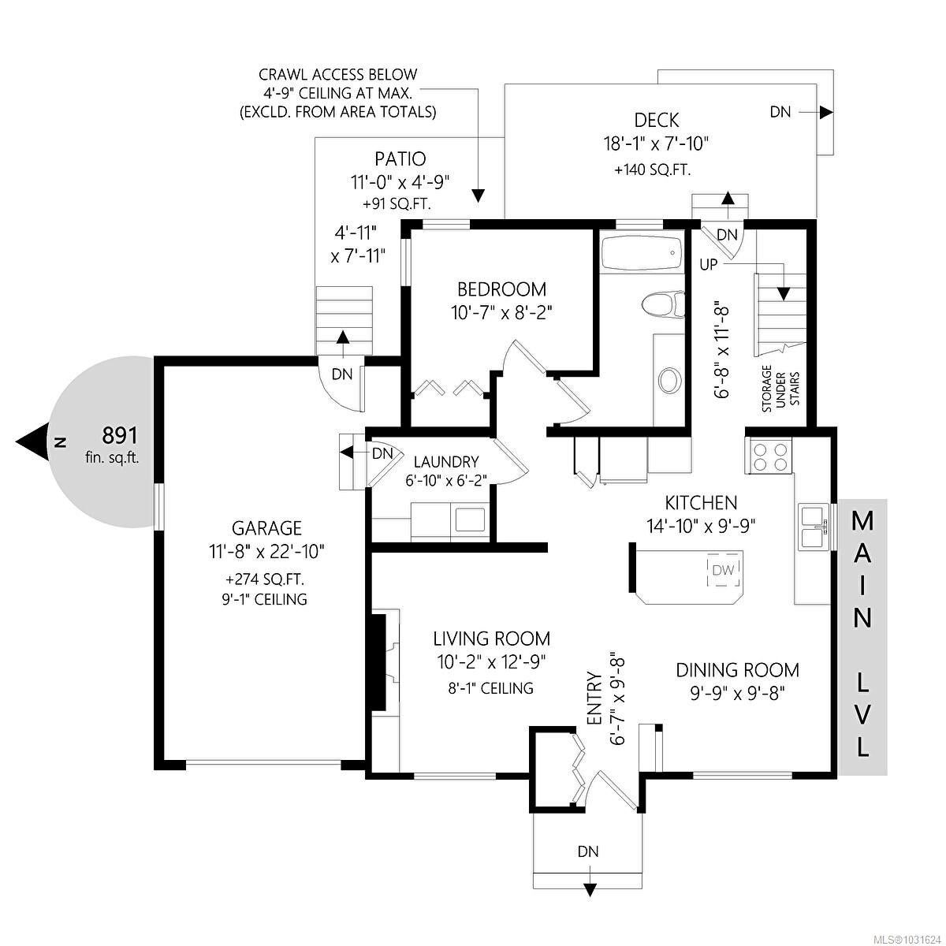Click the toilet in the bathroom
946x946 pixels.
pos(663,304)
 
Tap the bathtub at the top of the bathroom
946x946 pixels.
pos(642,252)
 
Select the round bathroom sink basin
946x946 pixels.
pos(669,381)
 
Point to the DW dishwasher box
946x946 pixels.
pos(723,569)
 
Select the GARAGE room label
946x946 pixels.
pos(266,528)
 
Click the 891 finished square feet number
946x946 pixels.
pos(120,435)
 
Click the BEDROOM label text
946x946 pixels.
pos(501,289)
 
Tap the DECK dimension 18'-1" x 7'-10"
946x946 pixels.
pos(657,144)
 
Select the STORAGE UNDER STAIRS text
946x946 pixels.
pos(780,389)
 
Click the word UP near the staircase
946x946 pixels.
pos(709,265)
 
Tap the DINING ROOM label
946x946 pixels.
pos(737,670)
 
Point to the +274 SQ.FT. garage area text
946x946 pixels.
pos(265,579)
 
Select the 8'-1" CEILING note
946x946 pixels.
pos(490,688)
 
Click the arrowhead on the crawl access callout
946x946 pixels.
pos(478,196)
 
